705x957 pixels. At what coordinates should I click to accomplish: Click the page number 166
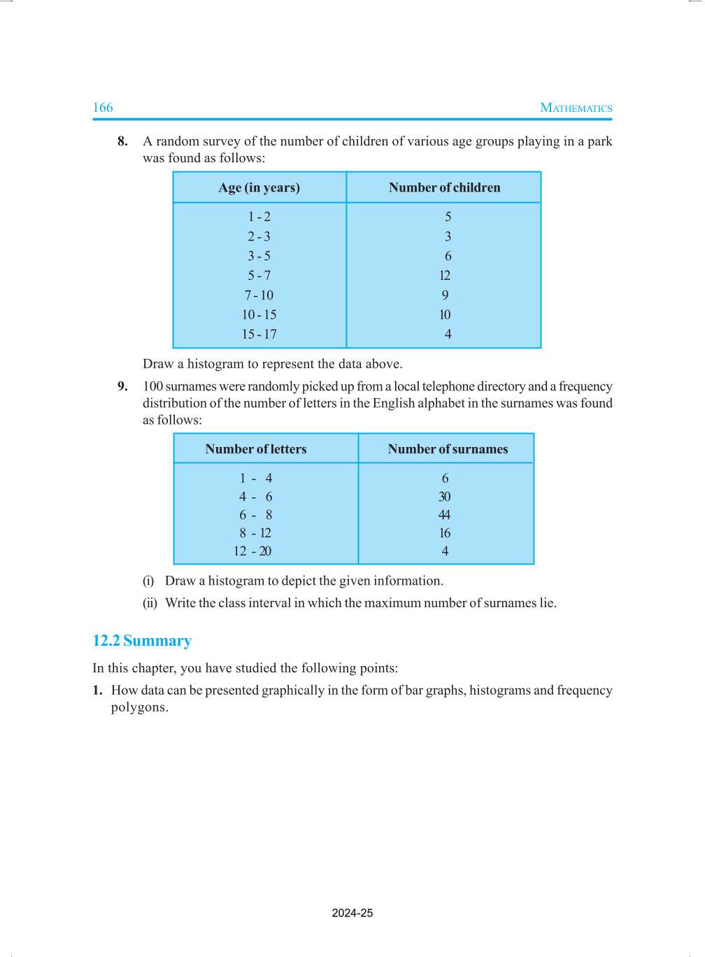click(103, 108)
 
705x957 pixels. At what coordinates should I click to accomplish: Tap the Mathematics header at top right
click(576, 108)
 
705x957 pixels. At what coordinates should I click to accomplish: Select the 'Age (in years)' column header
click(259, 187)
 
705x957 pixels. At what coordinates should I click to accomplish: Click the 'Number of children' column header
click(444, 187)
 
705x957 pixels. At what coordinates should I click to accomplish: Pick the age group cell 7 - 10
click(259, 295)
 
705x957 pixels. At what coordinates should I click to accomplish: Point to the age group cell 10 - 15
click(259, 315)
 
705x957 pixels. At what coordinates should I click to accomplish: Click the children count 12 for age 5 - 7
click(445, 276)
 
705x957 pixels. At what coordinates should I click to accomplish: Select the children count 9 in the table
click(445, 295)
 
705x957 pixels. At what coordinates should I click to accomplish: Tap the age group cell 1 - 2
click(259, 217)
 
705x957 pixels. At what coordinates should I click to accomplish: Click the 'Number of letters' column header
click(256, 449)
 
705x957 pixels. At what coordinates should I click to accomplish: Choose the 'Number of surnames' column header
click(448, 449)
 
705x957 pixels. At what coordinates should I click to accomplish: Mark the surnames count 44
click(445, 515)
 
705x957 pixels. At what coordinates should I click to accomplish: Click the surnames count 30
click(445, 497)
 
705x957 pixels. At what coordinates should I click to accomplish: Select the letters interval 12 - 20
click(252, 551)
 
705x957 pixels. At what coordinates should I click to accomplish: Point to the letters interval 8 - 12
click(255, 533)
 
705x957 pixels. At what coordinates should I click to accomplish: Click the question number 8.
click(122, 141)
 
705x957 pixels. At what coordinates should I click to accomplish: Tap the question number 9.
click(122, 386)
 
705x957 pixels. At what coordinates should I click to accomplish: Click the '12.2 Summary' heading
click(142, 641)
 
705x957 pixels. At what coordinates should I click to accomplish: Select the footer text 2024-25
click(352, 913)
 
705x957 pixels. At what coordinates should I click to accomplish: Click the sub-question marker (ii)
click(150, 603)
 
